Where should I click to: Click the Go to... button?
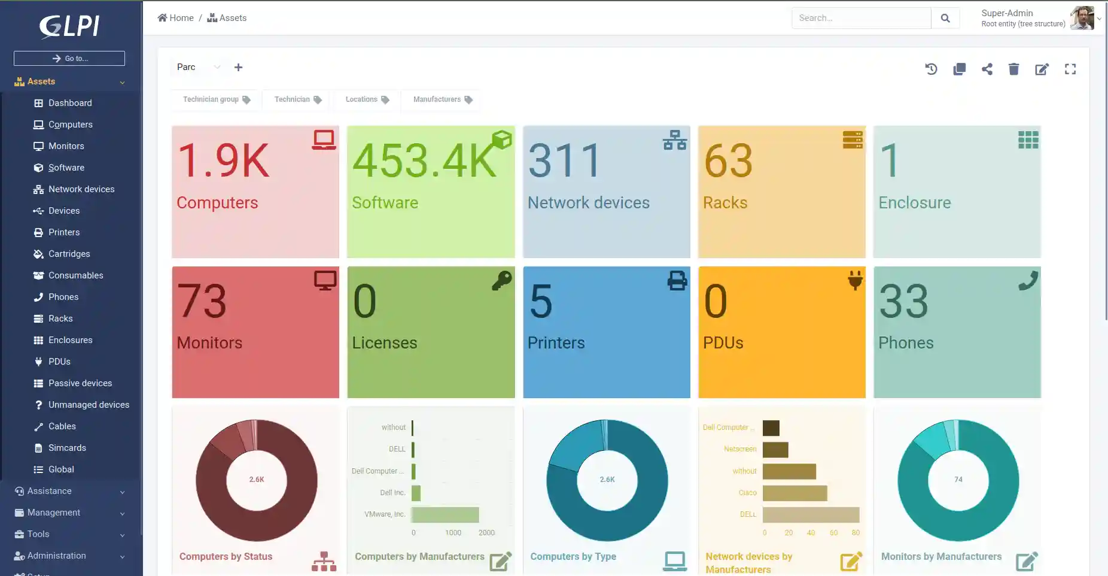[69, 58]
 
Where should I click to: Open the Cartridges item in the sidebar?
[69, 254]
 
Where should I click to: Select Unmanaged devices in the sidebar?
[89, 405]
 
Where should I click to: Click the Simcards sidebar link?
[67, 448]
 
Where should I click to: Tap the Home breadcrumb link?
[176, 18]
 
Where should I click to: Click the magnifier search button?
[945, 19]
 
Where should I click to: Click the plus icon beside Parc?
[238, 67]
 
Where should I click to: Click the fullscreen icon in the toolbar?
[1070, 69]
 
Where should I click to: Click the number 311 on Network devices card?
[565, 160]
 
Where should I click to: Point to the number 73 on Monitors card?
[202, 301]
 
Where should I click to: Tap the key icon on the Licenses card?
[501, 280]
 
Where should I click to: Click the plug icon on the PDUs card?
[855, 280]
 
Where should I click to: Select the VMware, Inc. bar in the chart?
[445, 514]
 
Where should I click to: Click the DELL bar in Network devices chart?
[811, 514]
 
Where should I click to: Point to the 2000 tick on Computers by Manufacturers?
[486, 533]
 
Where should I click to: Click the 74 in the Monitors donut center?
[958, 480]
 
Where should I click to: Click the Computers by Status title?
[226, 556]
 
